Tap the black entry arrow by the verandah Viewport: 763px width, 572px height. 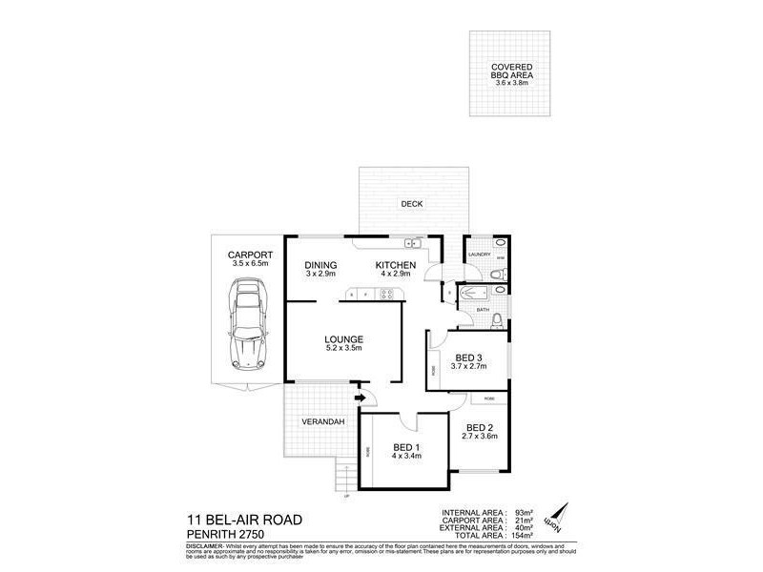(360, 398)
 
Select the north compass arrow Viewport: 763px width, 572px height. (557, 515)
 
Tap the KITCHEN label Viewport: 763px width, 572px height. (394, 264)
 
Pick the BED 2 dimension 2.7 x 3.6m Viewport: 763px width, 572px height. (481, 437)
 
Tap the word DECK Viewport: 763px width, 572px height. (412, 202)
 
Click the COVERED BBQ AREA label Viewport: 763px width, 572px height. (511, 71)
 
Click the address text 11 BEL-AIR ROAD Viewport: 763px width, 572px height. (245, 519)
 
